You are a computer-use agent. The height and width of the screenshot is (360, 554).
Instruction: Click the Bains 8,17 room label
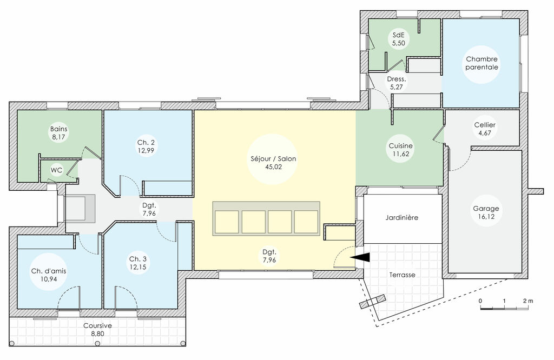58,133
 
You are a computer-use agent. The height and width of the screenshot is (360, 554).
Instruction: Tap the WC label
56,170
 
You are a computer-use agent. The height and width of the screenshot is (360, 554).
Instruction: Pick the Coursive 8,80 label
97,330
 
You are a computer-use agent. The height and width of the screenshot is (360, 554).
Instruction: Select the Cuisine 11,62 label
401,150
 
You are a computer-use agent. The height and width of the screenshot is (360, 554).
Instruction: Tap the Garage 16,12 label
486,212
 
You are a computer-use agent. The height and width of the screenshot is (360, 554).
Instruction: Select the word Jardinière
403,217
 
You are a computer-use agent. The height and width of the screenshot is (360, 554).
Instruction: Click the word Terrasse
403,275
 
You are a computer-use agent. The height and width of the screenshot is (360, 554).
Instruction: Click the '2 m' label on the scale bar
527,300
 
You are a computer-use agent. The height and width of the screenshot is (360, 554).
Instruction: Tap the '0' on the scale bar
480,300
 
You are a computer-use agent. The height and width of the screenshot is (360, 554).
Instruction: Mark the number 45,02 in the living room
273,168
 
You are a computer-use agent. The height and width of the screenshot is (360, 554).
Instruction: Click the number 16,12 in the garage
486,217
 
